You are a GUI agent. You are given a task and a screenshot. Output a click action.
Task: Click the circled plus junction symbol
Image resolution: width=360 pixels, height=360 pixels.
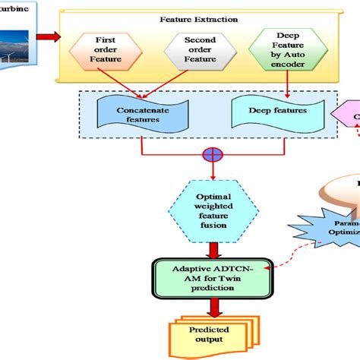211,155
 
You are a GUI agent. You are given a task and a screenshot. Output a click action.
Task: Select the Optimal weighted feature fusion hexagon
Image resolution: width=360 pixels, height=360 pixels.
211,208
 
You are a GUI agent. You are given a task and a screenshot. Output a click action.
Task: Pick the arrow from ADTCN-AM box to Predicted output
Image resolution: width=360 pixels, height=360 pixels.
211,305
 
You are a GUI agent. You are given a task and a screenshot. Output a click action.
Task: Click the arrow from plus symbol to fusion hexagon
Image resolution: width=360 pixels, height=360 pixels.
211,172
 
